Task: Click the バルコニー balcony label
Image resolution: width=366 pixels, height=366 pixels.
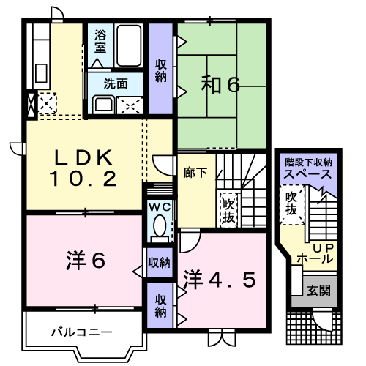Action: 81,332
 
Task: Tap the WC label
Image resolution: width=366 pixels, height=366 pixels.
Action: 159,207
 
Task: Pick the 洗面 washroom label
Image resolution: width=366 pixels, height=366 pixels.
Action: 115,83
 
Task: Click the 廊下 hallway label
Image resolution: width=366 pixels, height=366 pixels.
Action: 194,174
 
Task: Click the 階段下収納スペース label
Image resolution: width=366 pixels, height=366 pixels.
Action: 308,168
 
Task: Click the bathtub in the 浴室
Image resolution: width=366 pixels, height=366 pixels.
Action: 129,45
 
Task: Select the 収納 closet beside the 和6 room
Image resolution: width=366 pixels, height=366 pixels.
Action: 160,70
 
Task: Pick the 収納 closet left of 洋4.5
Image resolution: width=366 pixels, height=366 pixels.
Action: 160,305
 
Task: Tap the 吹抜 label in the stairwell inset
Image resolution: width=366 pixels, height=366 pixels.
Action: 291,203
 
